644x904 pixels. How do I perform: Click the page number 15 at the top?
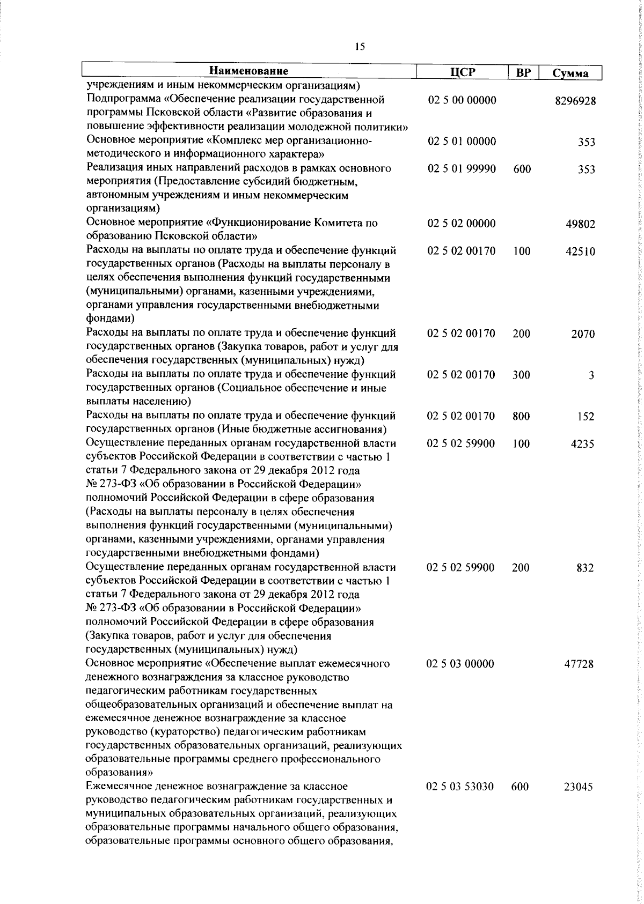[360, 47]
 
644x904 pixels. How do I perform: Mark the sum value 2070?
[583, 334]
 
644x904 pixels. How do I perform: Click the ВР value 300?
[521, 375]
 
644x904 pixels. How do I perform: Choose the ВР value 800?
[521, 416]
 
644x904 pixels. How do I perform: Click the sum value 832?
[585, 568]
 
